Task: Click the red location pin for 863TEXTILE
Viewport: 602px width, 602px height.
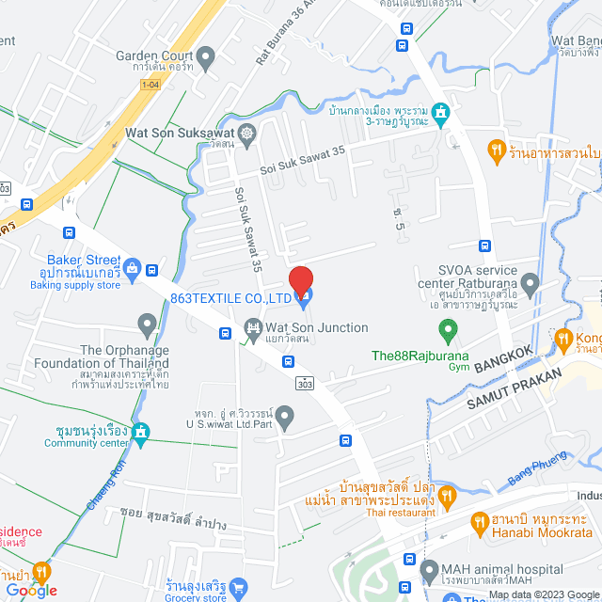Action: point(300,280)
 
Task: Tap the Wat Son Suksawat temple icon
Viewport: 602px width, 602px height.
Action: point(246,133)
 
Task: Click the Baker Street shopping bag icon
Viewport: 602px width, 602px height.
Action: point(133,270)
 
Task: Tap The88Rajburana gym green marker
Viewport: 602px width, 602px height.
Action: point(449,331)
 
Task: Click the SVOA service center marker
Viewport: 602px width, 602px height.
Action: point(530,282)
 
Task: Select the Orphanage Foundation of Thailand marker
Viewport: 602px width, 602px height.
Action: point(146,326)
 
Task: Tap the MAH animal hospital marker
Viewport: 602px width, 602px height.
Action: point(429,569)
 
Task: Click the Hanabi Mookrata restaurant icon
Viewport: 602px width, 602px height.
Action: point(480,521)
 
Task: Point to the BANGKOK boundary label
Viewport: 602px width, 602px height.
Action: point(504,357)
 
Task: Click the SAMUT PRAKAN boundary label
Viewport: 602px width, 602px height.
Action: point(514,388)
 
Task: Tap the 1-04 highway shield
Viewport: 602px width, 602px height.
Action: point(150,85)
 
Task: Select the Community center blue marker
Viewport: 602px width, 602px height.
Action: point(141,433)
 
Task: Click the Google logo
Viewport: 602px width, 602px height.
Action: point(30,591)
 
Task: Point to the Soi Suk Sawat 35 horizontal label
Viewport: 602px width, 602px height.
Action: point(303,160)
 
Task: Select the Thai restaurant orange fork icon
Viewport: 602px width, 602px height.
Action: point(448,494)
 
